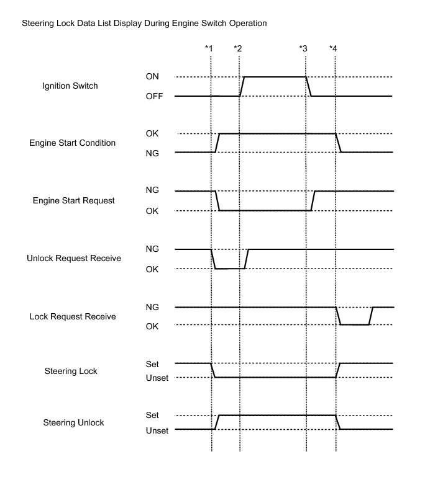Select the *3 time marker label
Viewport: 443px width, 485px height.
pyautogui.click(x=303, y=48)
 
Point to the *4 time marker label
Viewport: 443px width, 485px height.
pyautogui.click(x=334, y=48)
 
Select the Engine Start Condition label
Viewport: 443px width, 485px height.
pyautogui.click(x=72, y=143)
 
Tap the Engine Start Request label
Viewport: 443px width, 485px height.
pyautogui.click(x=73, y=201)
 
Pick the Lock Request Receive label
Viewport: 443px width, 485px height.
pyautogui.click(x=73, y=317)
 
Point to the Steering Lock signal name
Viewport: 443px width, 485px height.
pyautogui.click(x=71, y=372)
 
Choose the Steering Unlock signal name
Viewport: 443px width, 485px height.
pyautogui.click(x=73, y=423)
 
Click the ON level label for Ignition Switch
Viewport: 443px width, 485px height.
pyautogui.click(x=152, y=77)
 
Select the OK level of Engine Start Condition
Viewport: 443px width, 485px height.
pyautogui.click(x=152, y=133)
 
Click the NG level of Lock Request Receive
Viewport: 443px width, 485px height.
pyautogui.click(x=152, y=307)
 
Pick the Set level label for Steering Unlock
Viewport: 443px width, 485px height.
pyautogui.click(x=152, y=415)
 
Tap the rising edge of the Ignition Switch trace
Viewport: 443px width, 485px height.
pyautogui.click(x=242, y=87)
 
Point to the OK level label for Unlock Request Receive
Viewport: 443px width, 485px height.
pyautogui.click(x=152, y=269)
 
